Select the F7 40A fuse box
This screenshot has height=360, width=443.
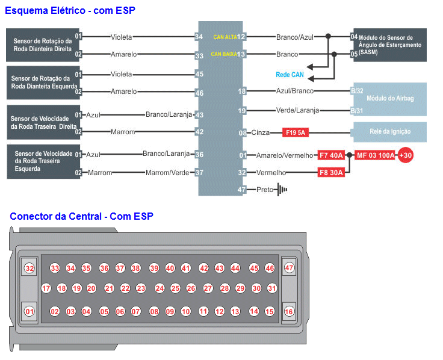[331, 155]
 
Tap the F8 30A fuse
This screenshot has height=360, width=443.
[331, 173]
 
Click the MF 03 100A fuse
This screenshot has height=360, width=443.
[375, 155]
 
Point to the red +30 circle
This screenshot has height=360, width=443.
[405, 155]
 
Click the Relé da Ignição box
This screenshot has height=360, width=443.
[389, 132]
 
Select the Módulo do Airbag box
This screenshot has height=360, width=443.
[389, 99]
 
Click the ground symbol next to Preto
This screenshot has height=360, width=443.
[282, 190]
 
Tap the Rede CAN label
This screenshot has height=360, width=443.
[290, 75]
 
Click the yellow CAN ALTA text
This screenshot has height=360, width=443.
[225, 37]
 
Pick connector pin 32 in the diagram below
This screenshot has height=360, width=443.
[29, 268]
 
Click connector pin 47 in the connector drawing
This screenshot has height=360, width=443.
[289, 268]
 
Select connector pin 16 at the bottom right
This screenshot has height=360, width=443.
[289, 311]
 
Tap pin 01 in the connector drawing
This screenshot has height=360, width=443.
[29, 311]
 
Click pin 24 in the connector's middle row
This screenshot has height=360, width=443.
[160, 288]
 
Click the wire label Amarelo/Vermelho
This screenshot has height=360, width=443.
[285, 155]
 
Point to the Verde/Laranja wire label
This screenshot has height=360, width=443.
[297, 110]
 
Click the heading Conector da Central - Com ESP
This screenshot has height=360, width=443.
[81, 216]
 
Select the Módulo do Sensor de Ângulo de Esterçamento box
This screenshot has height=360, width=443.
[389, 45]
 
